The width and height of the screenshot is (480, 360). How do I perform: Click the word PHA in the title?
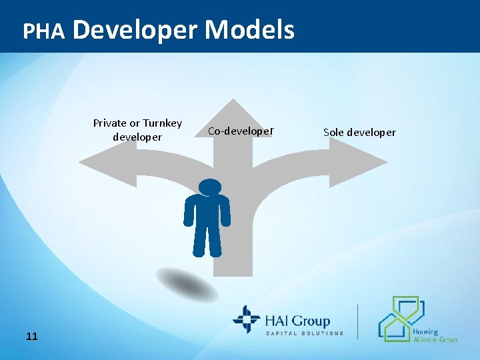[x=43, y=31]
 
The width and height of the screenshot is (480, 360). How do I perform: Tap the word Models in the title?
[x=249, y=29]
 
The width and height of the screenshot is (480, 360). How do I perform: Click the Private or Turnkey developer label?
[x=137, y=130]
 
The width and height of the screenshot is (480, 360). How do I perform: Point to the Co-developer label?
[x=241, y=131]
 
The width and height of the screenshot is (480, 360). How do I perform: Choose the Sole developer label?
[x=359, y=132]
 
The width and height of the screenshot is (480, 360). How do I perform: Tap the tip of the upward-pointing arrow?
[x=233, y=102]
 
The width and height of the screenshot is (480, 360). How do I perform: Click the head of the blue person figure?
[x=210, y=189]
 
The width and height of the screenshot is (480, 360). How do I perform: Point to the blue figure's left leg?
[x=199, y=240]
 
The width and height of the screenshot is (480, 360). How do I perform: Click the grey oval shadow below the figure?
[x=187, y=284]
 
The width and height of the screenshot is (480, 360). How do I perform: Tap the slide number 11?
[x=31, y=337]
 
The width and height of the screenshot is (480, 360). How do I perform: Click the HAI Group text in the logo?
[x=299, y=321]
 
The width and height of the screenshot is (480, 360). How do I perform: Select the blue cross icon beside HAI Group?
[x=246, y=319]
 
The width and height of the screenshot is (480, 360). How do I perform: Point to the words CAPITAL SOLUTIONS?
[x=305, y=333]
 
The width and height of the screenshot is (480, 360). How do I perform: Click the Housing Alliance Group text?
[x=434, y=335]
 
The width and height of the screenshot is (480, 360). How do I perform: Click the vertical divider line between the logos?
[x=358, y=322]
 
